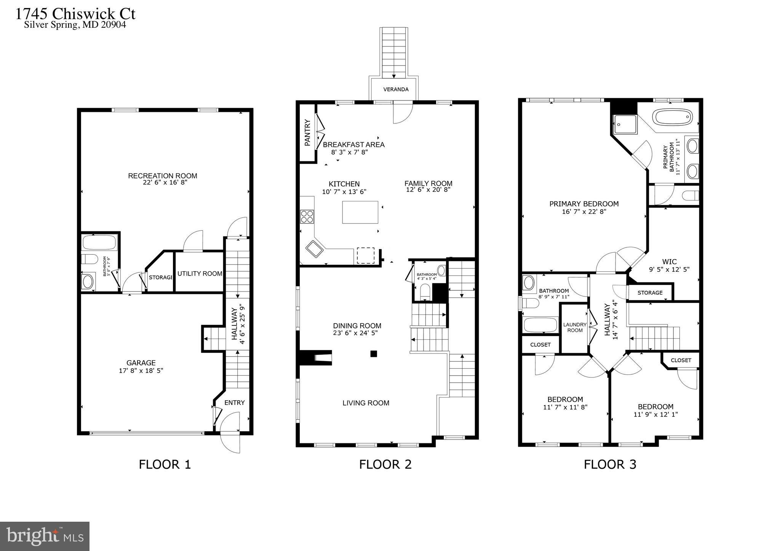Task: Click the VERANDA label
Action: (396, 89)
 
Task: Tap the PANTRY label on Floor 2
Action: (308, 133)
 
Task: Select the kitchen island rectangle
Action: (360, 212)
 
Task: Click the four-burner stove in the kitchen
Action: (307, 217)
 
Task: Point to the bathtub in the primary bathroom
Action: (672, 117)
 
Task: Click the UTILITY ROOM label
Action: (200, 274)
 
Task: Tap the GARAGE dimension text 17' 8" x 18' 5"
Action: (141, 371)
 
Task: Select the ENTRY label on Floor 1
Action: (234, 403)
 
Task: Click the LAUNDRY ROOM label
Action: (575, 327)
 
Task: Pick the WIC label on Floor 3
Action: (669, 262)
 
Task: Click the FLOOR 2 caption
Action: (385, 464)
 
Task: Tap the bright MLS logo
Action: (45, 536)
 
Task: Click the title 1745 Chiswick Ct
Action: (75, 14)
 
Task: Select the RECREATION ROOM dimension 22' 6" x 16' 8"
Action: (163, 182)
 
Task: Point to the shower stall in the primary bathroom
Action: (624, 124)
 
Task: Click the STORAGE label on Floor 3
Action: (650, 293)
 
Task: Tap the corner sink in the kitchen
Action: (314, 249)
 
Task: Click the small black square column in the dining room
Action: (374, 354)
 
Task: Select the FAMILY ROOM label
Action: (428, 183)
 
